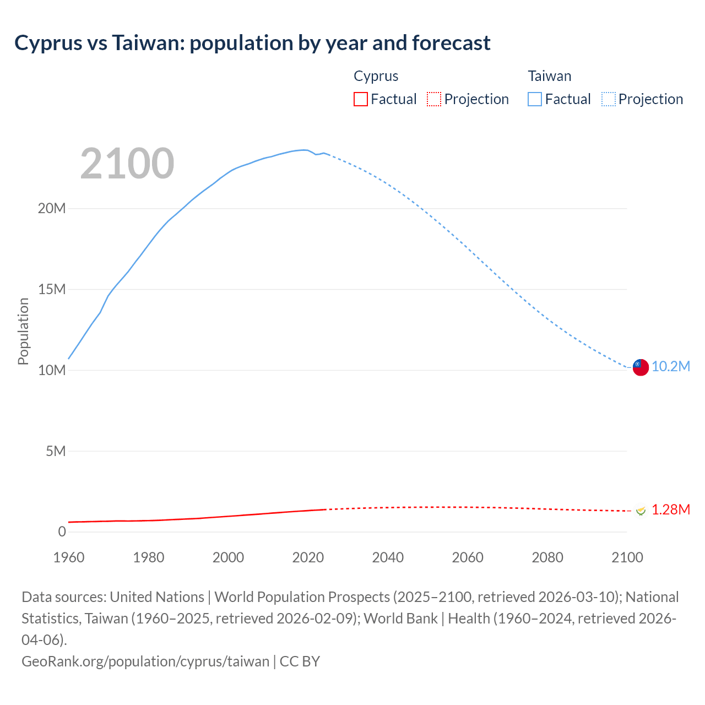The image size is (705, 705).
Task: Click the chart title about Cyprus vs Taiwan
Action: click(x=252, y=43)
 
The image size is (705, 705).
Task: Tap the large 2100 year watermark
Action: click(x=127, y=164)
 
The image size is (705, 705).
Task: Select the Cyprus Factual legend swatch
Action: click(x=360, y=99)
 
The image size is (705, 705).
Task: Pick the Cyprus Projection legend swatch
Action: click(x=434, y=99)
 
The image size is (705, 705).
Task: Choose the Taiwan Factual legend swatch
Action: click(x=534, y=99)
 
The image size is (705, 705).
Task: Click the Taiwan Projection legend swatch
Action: click(x=608, y=99)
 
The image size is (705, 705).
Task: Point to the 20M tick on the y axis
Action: click(x=52, y=208)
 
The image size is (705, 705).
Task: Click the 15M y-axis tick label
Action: click(x=52, y=289)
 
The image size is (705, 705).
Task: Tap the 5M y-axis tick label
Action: click(x=56, y=451)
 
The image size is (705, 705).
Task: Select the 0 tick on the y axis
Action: click(x=62, y=532)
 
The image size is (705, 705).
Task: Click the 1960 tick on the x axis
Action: click(x=69, y=557)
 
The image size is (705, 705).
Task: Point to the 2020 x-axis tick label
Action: click(x=308, y=557)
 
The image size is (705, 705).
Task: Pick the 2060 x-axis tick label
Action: click(x=468, y=557)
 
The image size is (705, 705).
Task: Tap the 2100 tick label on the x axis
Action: click(x=627, y=557)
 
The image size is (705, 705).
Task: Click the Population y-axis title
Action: click(x=23, y=331)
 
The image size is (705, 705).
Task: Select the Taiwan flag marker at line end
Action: click(x=640, y=367)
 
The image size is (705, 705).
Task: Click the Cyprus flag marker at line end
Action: click(x=640, y=511)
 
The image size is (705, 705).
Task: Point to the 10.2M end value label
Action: click(x=671, y=367)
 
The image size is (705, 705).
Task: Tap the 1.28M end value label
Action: click(x=671, y=510)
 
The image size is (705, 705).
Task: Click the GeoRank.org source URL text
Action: click(x=145, y=661)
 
